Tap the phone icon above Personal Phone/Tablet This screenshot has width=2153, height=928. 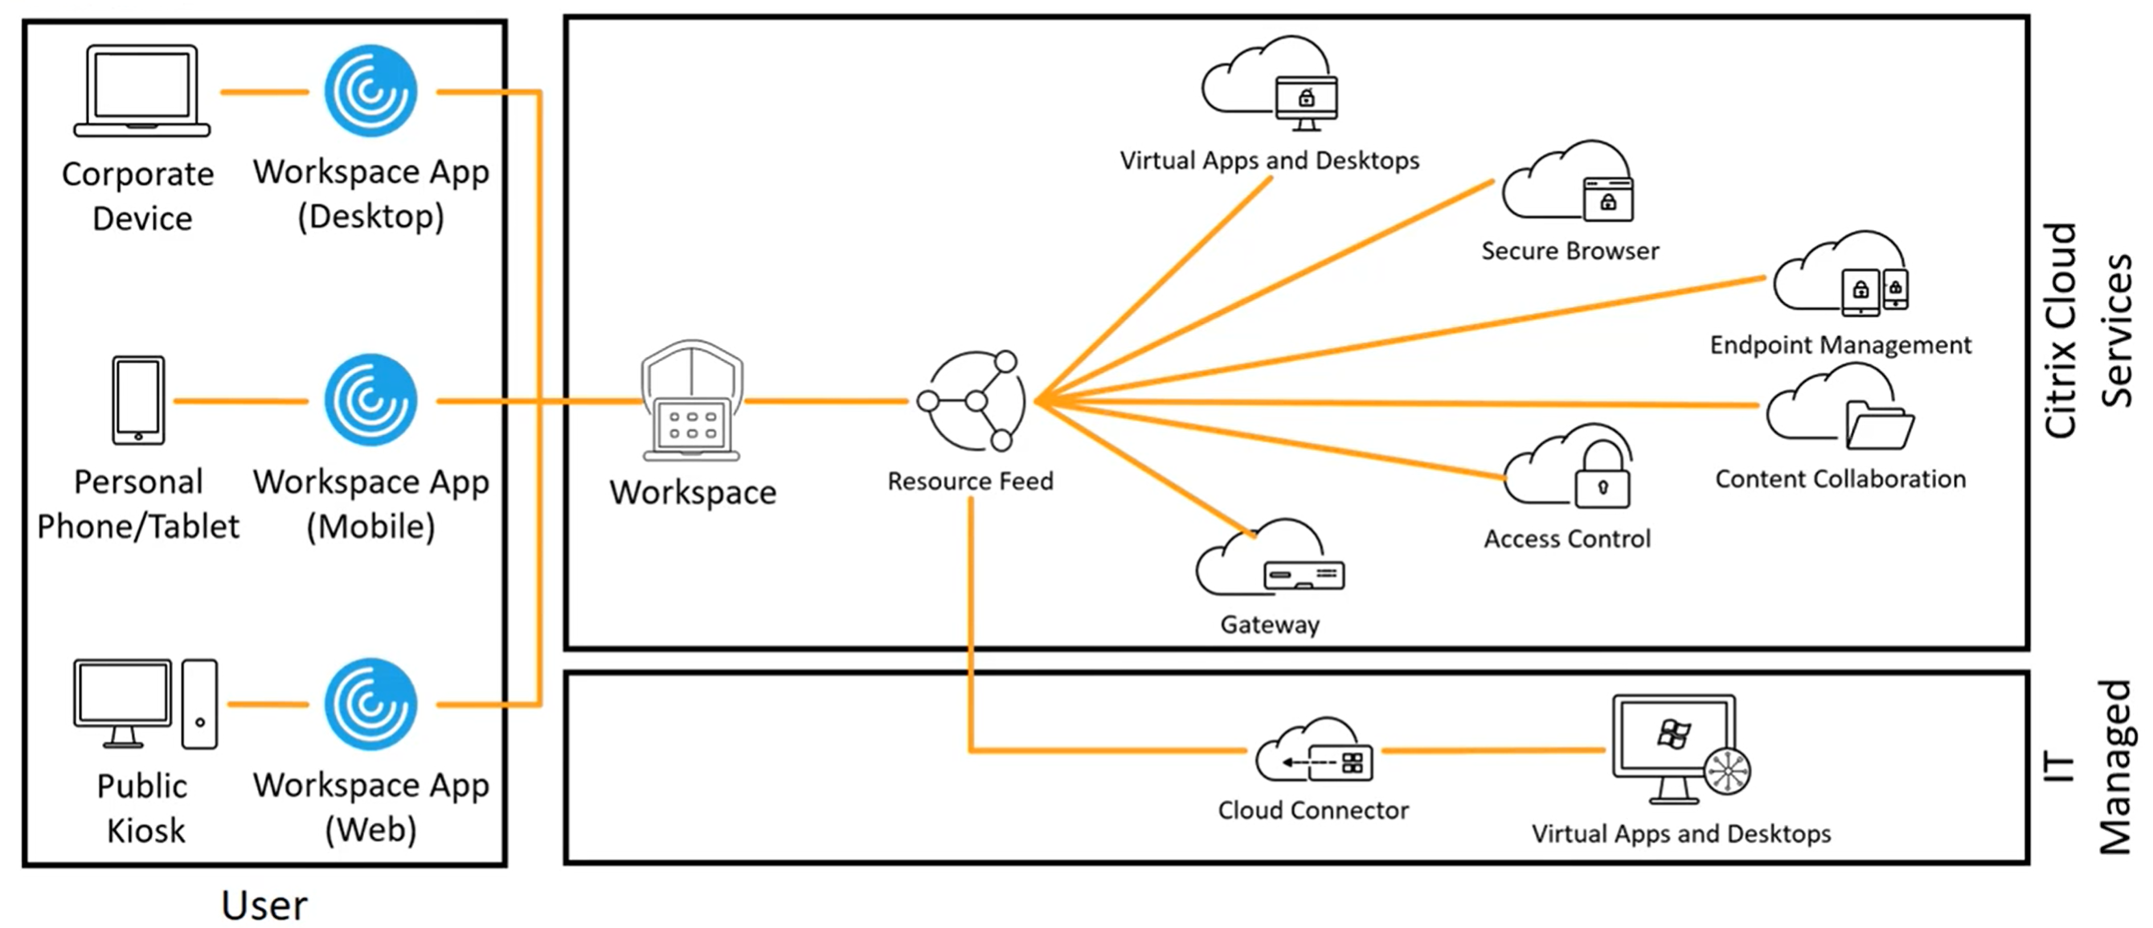(x=139, y=400)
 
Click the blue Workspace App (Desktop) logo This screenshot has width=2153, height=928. (x=370, y=90)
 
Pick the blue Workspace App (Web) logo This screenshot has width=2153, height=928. (x=370, y=704)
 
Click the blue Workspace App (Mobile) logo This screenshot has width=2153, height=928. (x=370, y=400)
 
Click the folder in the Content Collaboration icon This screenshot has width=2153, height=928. (x=1879, y=425)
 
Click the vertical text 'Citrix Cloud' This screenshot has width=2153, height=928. (x=2061, y=331)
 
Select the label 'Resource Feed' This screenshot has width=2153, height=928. (x=970, y=481)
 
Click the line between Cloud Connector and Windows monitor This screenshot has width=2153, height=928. (x=1492, y=751)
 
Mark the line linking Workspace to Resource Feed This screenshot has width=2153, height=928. (x=826, y=401)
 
